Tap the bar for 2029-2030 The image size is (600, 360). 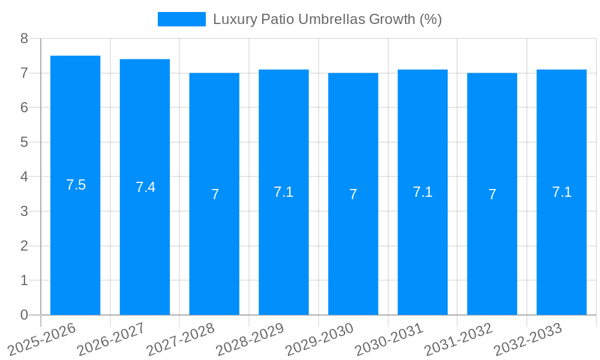pos(353,252)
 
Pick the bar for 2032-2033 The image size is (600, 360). pos(562,252)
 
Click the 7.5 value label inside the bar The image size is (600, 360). pos(76,185)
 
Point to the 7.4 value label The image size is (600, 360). pos(145,187)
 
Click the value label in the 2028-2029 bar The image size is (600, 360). pos(283,192)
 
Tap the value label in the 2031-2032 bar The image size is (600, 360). pos(492,194)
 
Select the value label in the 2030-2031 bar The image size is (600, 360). pos(422,192)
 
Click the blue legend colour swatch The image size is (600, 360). pos(181,19)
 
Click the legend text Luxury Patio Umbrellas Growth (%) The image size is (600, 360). pos(327,19)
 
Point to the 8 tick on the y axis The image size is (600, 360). pos(24,38)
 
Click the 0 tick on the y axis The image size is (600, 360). pos(24,315)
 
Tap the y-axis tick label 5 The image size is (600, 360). pos(24,142)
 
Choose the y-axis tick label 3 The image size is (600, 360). pos(24,211)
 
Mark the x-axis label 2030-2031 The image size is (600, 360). pos(389,340)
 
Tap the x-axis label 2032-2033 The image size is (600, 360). pos(528,340)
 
